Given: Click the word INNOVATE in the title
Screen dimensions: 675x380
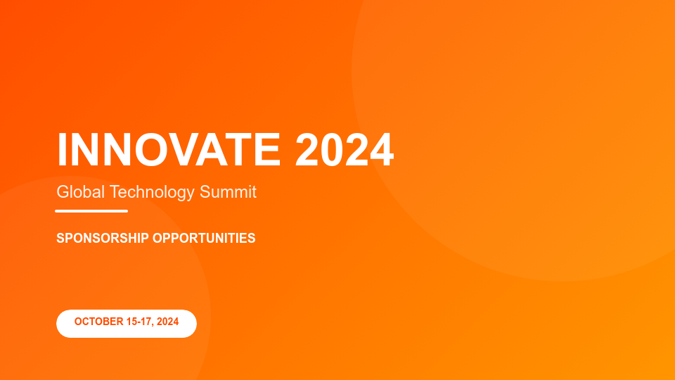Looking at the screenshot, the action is (169, 149).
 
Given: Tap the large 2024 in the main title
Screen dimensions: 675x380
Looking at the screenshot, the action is (345, 149).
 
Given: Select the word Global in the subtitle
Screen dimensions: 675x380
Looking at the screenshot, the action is (80, 192).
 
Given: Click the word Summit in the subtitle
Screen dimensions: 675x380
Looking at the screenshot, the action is (228, 192).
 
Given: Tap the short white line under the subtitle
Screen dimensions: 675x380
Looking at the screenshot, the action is (91, 211).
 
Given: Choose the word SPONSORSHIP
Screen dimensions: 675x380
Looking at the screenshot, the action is (103, 238).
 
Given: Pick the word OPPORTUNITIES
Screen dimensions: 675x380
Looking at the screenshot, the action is (204, 238).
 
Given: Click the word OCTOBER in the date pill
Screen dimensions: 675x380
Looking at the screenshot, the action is (99, 322).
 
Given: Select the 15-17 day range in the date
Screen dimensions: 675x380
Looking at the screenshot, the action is (140, 322).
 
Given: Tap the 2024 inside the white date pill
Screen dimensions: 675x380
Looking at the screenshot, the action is (167, 322).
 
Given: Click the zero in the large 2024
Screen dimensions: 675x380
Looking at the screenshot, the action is (333, 149).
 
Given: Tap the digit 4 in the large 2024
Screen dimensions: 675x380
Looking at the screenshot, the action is (382, 149).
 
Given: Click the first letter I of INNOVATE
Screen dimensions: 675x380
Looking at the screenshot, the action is (62, 149).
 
